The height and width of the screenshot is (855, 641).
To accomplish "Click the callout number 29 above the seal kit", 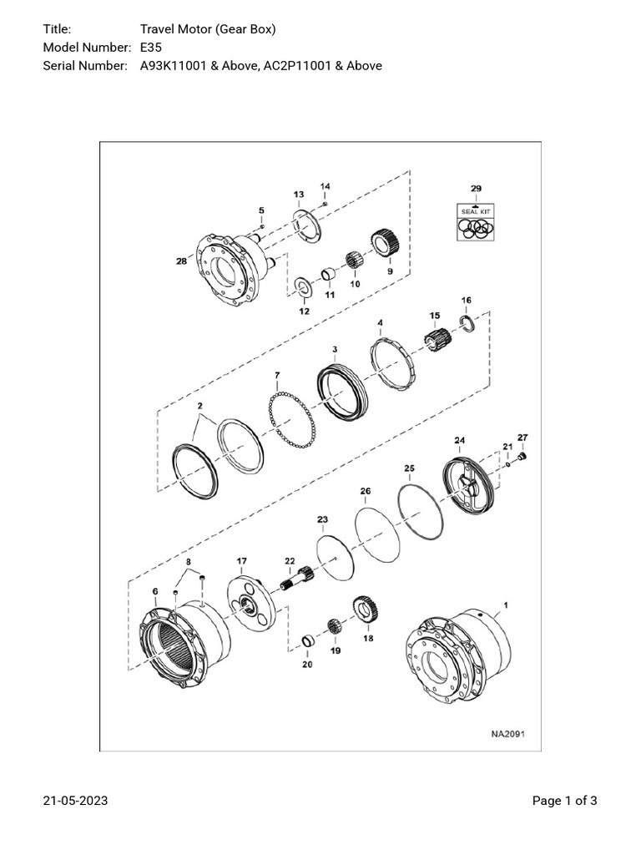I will click(x=476, y=190).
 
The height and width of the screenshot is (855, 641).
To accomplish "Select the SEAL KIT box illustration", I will click(x=476, y=222).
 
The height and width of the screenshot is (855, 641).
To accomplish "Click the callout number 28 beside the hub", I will click(x=181, y=261).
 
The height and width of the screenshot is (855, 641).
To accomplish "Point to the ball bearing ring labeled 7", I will click(x=290, y=412).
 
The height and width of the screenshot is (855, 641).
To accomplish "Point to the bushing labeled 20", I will click(x=307, y=641).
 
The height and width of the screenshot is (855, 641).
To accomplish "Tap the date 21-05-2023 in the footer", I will click(x=75, y=802).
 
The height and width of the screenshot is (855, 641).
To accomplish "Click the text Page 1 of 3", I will click(x=564, y=802).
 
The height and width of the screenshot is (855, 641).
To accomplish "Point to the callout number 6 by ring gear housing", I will click(x=155, y=591).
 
